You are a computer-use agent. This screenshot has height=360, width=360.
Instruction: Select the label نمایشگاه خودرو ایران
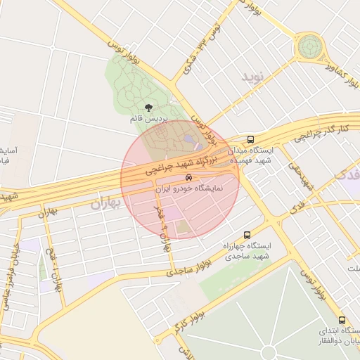pyautogui.click(x=188, y=189)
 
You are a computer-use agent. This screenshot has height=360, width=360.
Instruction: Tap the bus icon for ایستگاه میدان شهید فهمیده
pyautogui.click(x=251, y=139)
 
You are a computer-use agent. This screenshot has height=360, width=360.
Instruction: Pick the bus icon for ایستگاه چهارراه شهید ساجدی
pyautogui.click(x=246, y=235)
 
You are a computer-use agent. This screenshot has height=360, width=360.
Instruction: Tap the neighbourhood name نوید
pyautogui.click(x=255, y=77)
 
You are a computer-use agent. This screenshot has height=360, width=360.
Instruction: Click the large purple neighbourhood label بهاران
pyautogui.click(x=106, y=203)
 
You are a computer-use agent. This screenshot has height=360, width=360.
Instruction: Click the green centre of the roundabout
pyautogui.click(x=308, y=47)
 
